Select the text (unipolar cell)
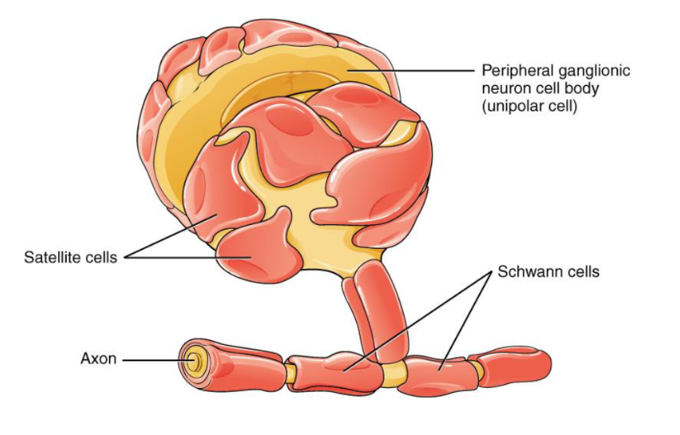tap(529, 105)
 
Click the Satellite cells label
tap(71, 258)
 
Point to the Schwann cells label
tap(548, 272)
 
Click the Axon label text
tap(99, 359)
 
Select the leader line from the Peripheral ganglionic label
tap(413, 70)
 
